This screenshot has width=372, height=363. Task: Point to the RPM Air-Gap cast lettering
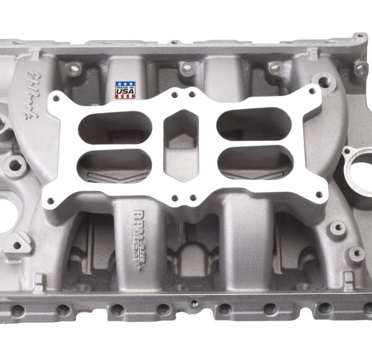click(140, 232)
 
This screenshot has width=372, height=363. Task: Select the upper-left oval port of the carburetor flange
click(105, 125)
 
